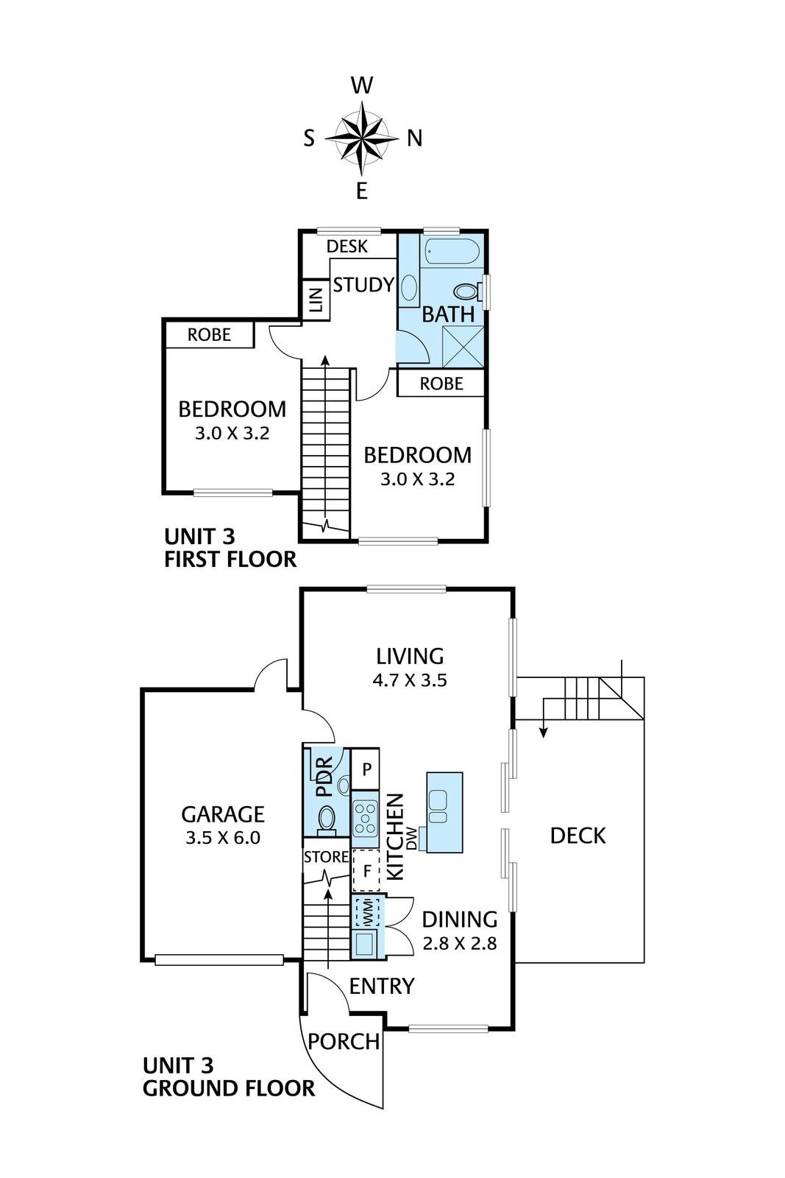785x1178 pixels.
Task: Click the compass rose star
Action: click(362, 138)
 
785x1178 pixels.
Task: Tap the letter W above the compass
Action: click(362, 85)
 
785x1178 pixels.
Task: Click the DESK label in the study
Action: click(347, 246)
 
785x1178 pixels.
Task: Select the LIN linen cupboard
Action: click(316, 299)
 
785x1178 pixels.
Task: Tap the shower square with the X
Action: click(463, 346)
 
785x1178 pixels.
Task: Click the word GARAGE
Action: click(223, 814)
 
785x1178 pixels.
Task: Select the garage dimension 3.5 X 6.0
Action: click(223, 838)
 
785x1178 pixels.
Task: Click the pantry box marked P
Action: click(365, 769)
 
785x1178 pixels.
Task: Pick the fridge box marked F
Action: click(367, 872)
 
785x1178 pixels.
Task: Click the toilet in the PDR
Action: click(327, 820)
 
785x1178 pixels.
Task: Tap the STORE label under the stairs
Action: click(327, 857)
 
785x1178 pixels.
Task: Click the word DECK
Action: click(578, 836)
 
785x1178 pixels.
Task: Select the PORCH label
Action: click(344, 1042)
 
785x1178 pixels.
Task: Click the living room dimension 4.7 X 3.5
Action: click(410, 680)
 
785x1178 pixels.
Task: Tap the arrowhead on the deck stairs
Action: click(544, 733)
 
